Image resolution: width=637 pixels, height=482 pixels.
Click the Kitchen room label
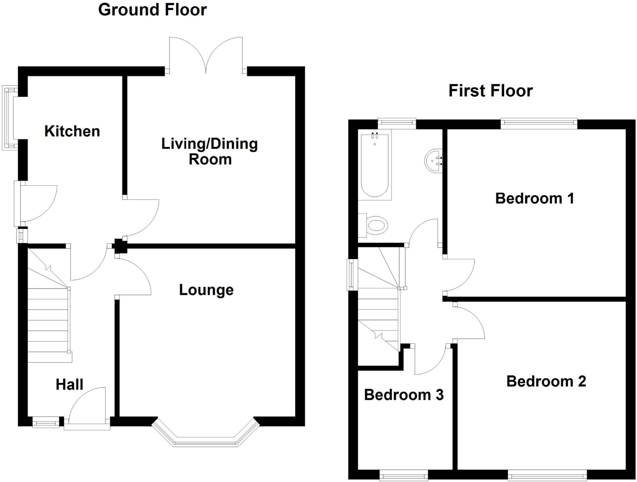[x=72, y=131]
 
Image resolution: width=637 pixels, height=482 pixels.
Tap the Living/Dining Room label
[x=210, y=152]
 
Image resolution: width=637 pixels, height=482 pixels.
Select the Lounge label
[x=206, y=290]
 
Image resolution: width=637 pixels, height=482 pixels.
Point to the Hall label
[x=69, y=385]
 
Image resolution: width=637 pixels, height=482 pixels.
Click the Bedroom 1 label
[x=534, y=199]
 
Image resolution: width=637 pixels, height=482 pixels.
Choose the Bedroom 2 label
[x=546, y=381]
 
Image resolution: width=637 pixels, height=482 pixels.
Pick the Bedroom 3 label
[x=404, y=395]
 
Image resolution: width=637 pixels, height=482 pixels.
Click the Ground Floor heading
[x=152, y=10]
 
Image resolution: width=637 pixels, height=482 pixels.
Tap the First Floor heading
[x=491, y=91]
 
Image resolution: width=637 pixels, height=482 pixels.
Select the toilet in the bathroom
[x=376, y=225]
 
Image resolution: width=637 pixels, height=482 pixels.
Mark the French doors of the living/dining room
[x=206, y=56]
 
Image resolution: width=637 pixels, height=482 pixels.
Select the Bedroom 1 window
[x=539, y=124]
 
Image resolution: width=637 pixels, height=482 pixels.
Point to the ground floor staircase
[x=48, y=321]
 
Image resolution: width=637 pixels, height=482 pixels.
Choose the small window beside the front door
[x=46, y=423]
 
